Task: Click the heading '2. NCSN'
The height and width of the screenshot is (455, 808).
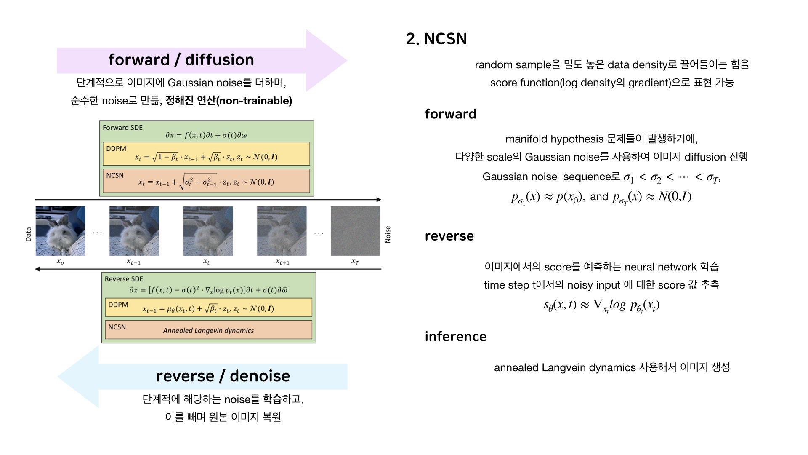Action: click(436, 39)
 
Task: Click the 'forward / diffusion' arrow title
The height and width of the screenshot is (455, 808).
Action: click(181, 60)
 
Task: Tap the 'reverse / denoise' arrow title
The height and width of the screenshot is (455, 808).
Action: click(223, 376)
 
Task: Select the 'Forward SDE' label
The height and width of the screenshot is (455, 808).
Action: click(122, 128)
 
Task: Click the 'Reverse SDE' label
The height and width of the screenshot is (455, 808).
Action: click(124, 279)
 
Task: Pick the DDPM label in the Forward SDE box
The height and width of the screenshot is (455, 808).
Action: click(116, 149)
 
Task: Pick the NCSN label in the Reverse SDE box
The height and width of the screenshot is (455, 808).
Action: click(117, 327)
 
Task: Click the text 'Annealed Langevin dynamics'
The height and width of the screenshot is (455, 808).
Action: click(208, 331)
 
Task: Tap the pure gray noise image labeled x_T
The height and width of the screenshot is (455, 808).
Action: click(355, 231)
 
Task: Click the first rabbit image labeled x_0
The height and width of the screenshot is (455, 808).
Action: click(60, 231)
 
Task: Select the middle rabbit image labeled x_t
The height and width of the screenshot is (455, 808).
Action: click(208, 231)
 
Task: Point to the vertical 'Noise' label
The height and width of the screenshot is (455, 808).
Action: click(388, 234)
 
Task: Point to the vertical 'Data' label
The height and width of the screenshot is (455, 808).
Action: click(28, 234)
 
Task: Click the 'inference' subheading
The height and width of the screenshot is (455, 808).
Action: click(456, 336)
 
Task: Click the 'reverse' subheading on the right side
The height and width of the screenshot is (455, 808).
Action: click(449, 236)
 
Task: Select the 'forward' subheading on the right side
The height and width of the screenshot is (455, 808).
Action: click(450, 114)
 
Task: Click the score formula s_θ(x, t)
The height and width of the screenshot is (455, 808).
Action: click(601, 305)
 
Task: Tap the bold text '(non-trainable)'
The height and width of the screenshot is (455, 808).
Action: click(254, 101)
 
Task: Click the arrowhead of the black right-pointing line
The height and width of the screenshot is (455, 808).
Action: click(379, 200)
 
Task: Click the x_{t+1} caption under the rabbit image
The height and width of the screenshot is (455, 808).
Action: click(282, 262)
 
